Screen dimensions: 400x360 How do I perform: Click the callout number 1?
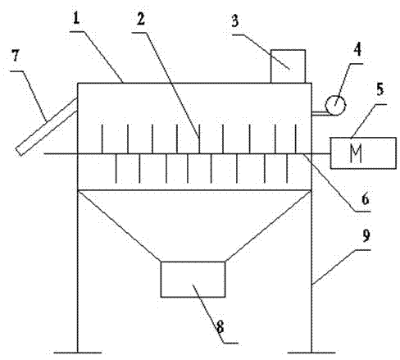click(x=76, y=19)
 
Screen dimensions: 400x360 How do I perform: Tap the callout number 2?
click(x=141, y=19)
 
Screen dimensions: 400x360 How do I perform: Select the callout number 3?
click(x=235, y=21)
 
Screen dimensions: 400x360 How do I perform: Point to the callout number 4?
click(x=357, y=50)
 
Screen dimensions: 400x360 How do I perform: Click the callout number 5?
click(x=380, y=89)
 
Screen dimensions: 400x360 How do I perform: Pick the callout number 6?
click(x=366, y=198)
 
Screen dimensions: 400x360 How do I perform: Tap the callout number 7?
click(x=16, y=56)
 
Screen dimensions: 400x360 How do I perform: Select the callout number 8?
click(x=220, y=326)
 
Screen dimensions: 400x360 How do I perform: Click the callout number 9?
click(x=366, y=235)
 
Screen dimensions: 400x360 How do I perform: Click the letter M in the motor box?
click(x=356, y=153)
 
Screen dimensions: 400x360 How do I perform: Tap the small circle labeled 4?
click(x=335, y=105)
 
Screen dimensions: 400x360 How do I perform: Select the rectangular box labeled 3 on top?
click(x=288, y=66)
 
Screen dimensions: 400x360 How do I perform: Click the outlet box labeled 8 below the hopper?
click(x=193, y=280)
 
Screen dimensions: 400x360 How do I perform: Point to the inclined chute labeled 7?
click(x=47, y=127)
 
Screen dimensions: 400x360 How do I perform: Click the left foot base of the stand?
click(x=78, y=353)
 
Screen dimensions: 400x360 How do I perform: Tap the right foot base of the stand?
click(x=311, y=353)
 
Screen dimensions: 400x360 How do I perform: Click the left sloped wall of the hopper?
click(x=119, y=226)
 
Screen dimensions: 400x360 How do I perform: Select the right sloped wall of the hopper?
click(x=268, y=226)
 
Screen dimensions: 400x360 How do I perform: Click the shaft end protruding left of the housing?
click(x=61, y=154)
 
